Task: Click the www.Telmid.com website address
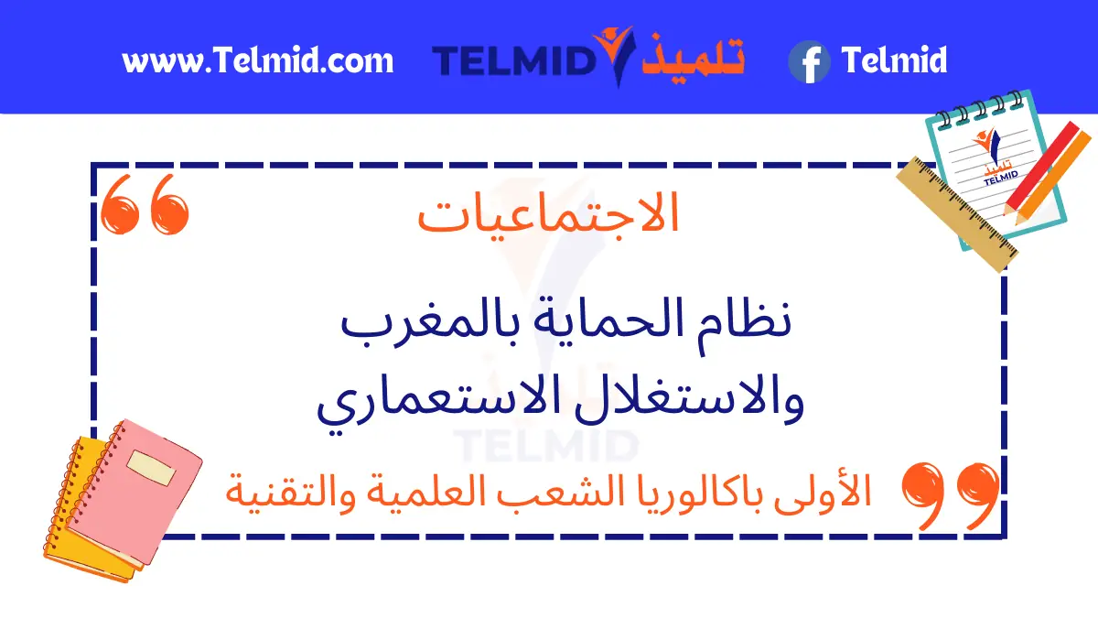click(x=258, y=60)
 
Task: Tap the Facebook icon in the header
click(x=809, y=62)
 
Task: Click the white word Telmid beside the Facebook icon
click(x=894, y=60)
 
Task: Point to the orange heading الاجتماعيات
click(x=548, y=214)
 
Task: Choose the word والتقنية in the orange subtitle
click(x=290, y=493)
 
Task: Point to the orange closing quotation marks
click(x=950, y=495)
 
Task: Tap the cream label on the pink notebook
click(x=151, y=468)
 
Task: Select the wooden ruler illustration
click(x=957, y=214)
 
